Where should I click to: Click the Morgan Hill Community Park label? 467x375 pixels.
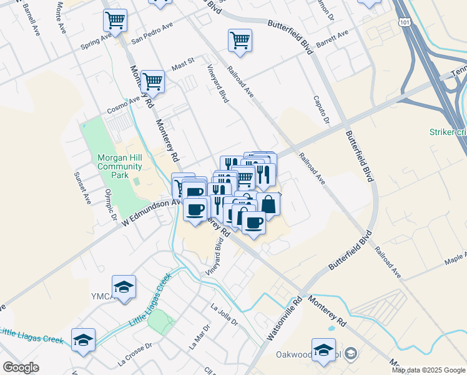click(120, 167)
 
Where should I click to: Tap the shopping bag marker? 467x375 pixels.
click(268, 204)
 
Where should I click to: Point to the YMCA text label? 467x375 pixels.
click(100, 296)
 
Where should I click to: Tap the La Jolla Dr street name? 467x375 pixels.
click(225, 314)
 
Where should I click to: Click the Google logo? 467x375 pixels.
click(21, 368)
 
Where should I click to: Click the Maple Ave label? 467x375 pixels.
click(454, 256)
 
